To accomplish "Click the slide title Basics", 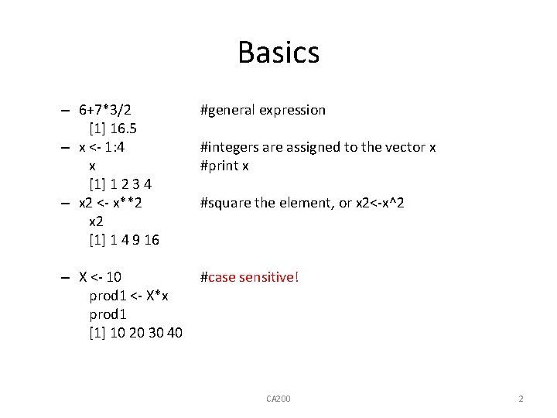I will [x=278, y=53].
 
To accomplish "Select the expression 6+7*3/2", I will [x=111, y=110].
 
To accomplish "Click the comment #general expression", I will [x=263, y=110].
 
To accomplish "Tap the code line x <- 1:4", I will [x=106, y=147].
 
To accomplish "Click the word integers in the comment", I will [x=234, y=147].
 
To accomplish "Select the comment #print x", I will [x=224, y=166].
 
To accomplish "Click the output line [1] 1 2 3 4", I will [x=121, y=184].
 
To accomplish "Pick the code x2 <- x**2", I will [x=111, y=203].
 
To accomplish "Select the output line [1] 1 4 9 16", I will [x=125, y=240].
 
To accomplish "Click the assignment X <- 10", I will [x=100, y=277].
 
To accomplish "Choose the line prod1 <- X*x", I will [x=129, y=296].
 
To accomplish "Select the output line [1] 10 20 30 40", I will [x=136, y=333].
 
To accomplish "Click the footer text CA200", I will [x=278, y=399].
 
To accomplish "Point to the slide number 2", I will [x=521, y=399].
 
